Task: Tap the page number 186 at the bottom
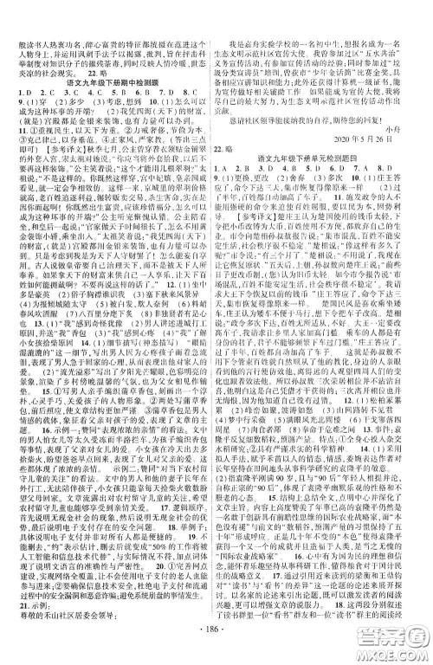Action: click(x=216, y=648)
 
